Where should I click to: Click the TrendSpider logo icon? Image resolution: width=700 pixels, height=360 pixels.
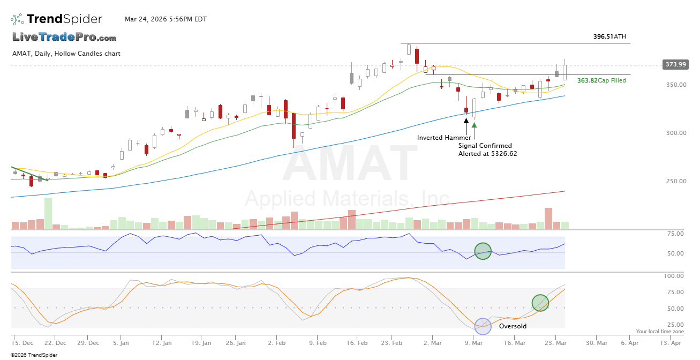coord(17,19)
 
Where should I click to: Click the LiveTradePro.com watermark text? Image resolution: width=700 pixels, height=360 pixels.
coord(64,37)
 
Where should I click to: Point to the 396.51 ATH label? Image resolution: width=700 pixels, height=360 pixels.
coord(609,37)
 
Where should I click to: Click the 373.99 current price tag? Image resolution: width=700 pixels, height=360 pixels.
coord(675,64)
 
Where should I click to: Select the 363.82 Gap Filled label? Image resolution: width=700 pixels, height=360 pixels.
coord(601,80)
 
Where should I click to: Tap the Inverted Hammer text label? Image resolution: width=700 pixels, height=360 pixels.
coord(444,138)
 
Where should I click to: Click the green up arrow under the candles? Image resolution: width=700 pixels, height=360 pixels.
coord(474,125)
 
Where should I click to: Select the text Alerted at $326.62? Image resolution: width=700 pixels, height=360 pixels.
coord(487,154)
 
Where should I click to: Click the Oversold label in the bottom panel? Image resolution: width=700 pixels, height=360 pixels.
coord(513,326)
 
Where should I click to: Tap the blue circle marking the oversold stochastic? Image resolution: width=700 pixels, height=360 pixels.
coord(483,326)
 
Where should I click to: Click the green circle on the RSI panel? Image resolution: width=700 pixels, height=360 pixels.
coord(483,251)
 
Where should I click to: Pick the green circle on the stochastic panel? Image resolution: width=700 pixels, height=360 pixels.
coord(540,303)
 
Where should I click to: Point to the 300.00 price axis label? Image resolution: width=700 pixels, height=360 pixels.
coord(676,133)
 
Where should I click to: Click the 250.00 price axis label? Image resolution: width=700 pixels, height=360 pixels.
coord(676,181)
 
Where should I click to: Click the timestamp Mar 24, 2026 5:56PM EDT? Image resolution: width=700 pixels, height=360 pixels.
coord(165,19)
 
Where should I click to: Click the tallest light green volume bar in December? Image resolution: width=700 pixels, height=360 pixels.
coord(48,213)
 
